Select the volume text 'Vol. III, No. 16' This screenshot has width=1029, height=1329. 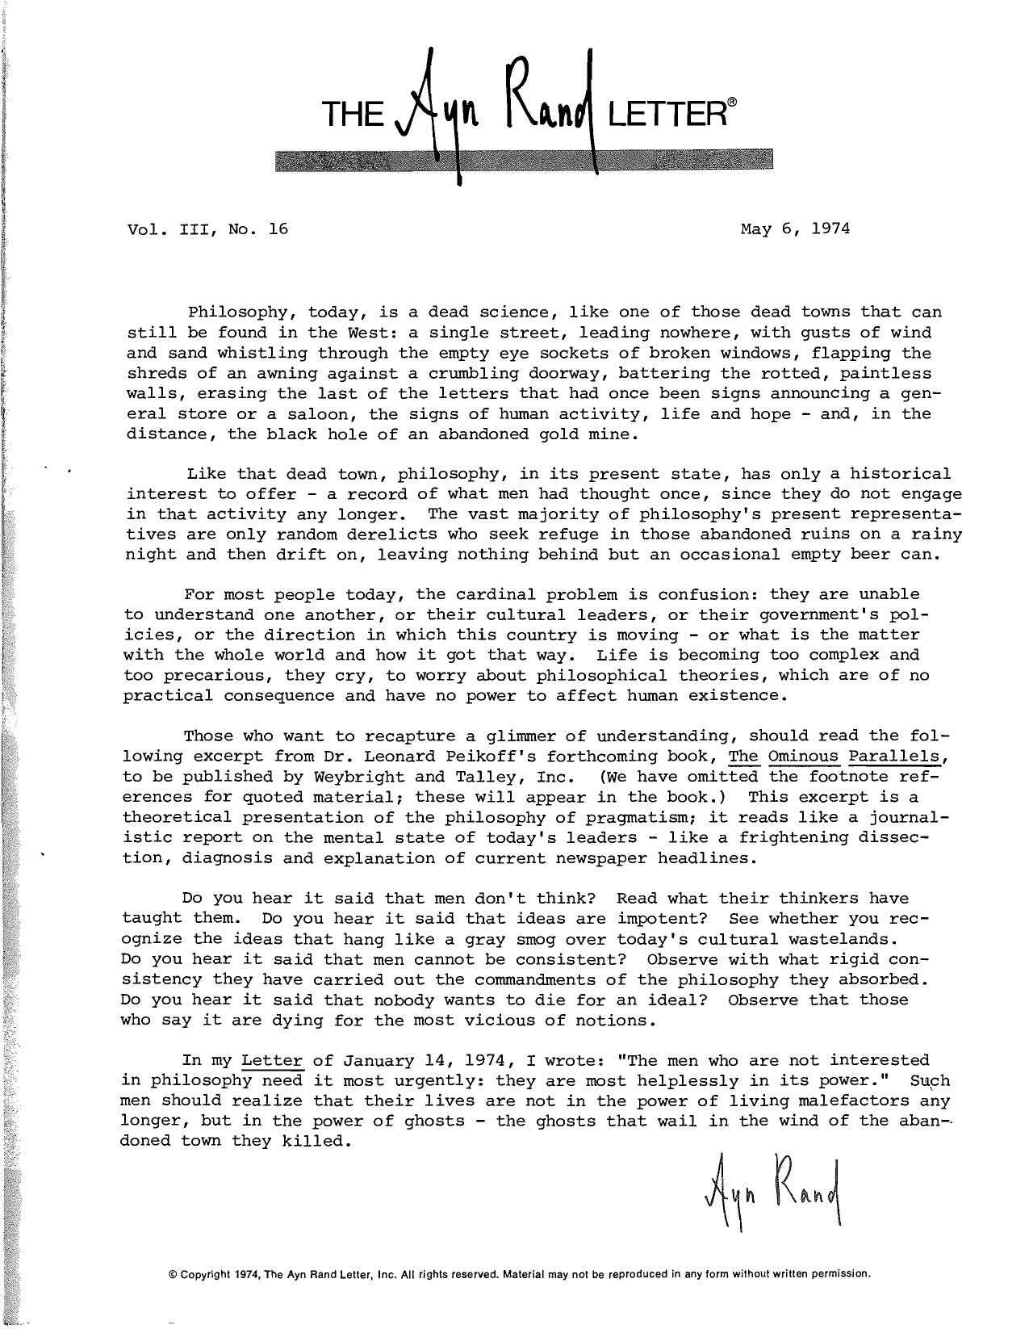(207, 228)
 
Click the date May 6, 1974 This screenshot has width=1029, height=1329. (795, 228)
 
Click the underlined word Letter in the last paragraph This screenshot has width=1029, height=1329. (272, 1060)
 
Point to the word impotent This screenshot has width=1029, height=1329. (663, 919)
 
